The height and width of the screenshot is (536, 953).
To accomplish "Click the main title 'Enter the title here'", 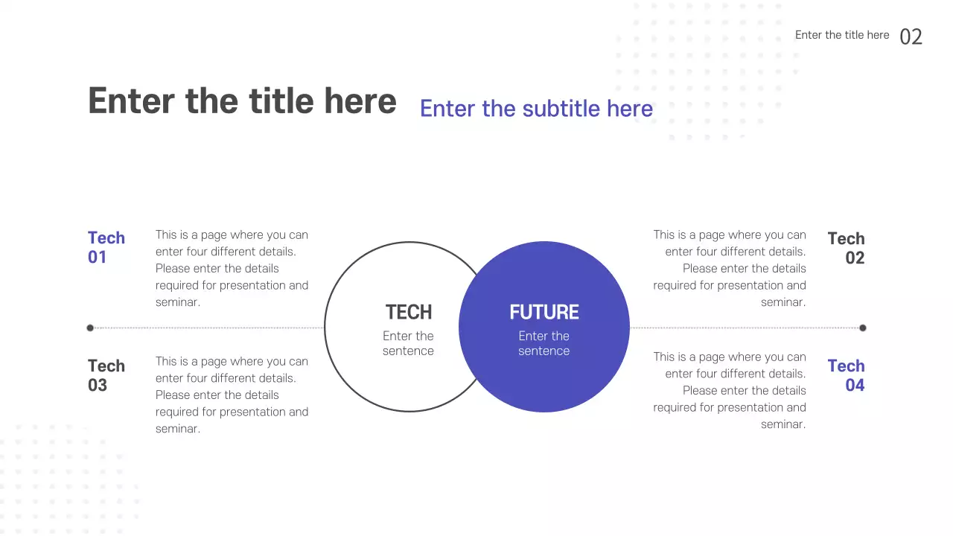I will (x=242, y=101).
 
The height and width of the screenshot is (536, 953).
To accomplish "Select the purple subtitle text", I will (x=536, y=109).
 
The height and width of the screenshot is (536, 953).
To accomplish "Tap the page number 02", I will (x=911, y=36).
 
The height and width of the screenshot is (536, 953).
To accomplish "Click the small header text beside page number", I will (x=842, y=35).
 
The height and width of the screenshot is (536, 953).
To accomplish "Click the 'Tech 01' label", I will (x=106, y=247).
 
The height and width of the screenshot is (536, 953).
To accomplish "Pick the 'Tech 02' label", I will (x=847, y=248).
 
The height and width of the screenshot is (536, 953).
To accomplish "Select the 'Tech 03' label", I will (x=106, y=375).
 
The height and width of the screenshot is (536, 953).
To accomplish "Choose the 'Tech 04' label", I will (x=847, y=375).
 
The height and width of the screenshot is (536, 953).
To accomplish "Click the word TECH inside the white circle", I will (x=408, y=312).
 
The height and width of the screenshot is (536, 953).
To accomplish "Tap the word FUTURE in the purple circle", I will (x=544, y=312).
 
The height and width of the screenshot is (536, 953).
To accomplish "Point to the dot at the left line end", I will (x=90, y=328).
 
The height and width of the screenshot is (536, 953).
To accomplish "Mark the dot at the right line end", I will (x=863, y=328).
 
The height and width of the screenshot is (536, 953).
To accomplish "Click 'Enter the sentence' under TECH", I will (x=408, y=343).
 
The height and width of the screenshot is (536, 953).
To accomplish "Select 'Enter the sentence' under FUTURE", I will (x=544, y=343).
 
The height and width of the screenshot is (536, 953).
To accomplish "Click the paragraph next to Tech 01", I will (x=232, y=269).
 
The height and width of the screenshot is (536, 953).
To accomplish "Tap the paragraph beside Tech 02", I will (x=730, y=269).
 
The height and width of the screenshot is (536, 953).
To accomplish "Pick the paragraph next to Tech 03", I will (x=232, y=395).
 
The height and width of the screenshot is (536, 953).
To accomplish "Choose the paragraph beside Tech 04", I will (x=730, y=390).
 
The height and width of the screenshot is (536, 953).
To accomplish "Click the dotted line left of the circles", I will (x=208, y=328).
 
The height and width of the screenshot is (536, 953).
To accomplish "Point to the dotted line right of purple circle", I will (x=745, y=328).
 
